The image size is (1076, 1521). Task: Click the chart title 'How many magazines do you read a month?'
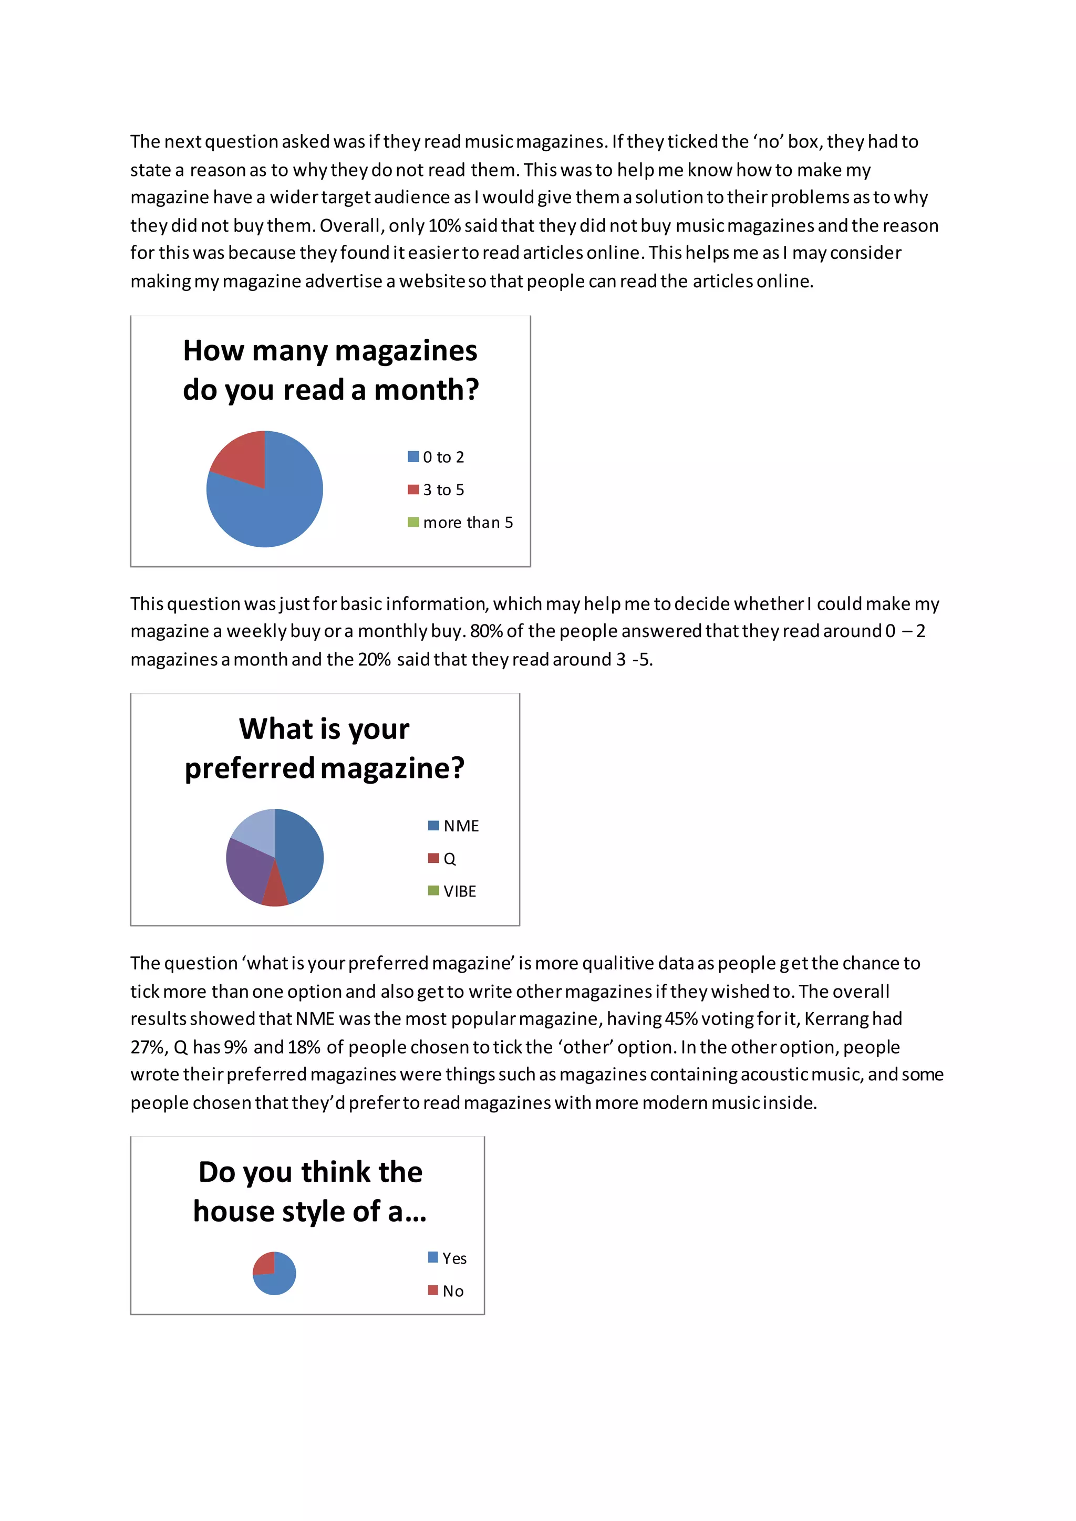pos(330,370)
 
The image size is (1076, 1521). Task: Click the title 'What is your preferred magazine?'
pos(325,748)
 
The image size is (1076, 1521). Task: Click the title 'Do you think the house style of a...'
pos(310,1191)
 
